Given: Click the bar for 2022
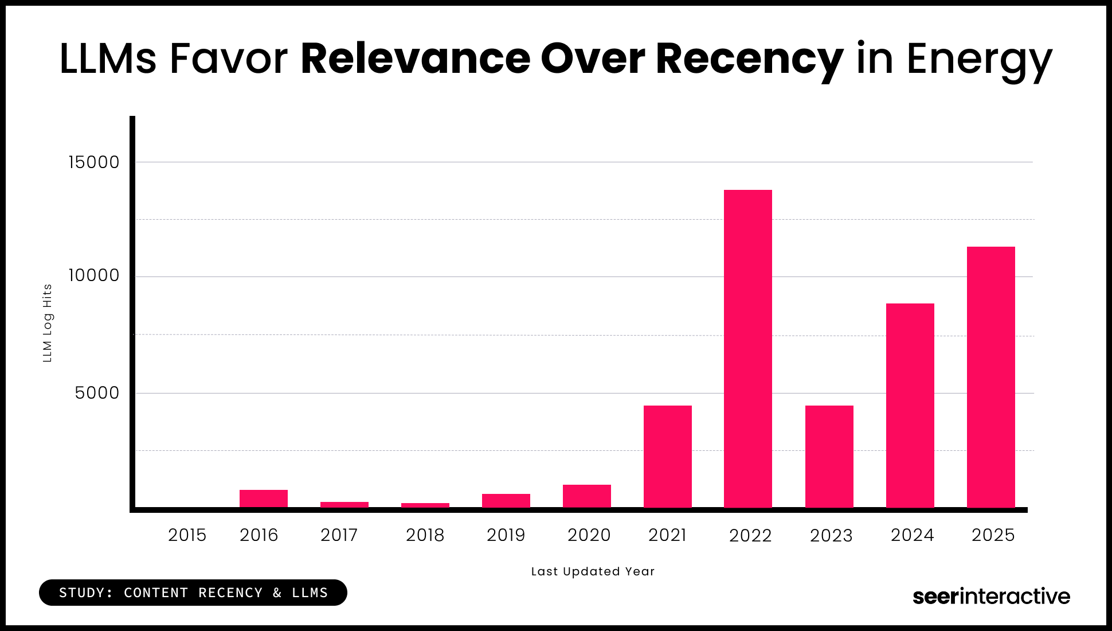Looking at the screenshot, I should (x=747, y=349).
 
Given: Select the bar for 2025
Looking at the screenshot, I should (x=990, y=377).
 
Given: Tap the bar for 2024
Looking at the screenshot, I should (x=910, y=406).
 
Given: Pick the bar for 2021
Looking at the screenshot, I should (x=667, y=457).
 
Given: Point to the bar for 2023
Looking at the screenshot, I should (x=829, y=457).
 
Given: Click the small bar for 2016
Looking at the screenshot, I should (x=263, y=498).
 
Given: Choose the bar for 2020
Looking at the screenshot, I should (x=586, y=496).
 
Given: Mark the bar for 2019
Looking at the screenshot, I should (x=506, y=501).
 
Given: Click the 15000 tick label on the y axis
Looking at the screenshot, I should (x=94, y=162).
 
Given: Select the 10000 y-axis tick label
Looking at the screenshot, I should (x=94, y=275).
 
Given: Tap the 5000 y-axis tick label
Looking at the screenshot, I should (x=97, y=393).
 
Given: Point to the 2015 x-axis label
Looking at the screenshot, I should (x=187, y=535).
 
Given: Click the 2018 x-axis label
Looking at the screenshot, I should (x=425, y=535).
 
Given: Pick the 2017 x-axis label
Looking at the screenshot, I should (x=339, y=535).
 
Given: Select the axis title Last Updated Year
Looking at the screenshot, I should (x=593, y=571).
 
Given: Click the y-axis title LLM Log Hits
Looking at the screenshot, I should (x=48, y=323).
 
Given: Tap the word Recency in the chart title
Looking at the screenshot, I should (x=749, y=60).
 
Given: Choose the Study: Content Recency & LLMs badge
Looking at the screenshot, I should (x=193, y=593).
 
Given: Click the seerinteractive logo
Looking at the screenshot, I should (x=991, y=597).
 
